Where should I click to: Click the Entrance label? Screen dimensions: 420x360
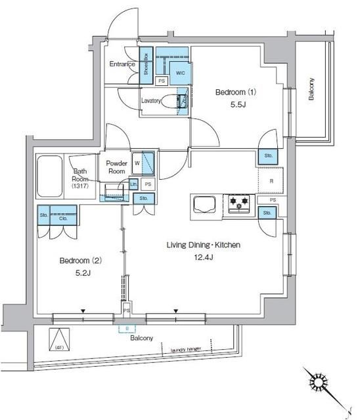(x=123, y=64)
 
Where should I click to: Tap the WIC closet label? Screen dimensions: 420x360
(x=180, y=73)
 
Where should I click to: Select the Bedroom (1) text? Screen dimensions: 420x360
(x=236, y=92)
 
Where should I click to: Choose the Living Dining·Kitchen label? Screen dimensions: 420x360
(x=202, y=245)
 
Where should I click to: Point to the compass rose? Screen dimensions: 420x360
(x=319, y=384)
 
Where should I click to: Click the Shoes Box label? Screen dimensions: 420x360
(x=146, y=66)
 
